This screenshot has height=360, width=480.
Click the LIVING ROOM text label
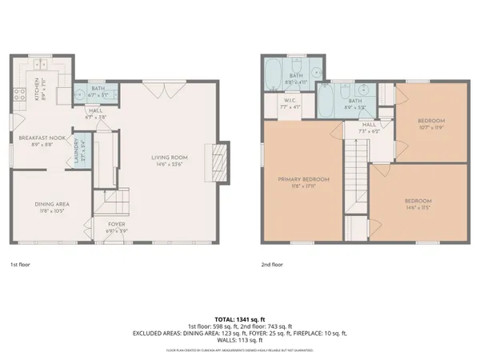[x=169, y=157]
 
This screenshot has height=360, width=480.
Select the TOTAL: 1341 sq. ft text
[x=240, y=318]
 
